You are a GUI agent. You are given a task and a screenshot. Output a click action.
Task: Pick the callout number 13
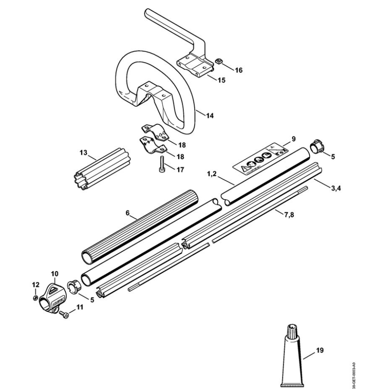pyautogui.click(x=84, y=153)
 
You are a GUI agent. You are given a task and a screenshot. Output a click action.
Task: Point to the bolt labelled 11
pyautogui.click(x=64, y=315)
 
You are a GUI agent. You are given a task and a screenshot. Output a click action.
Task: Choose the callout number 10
pyautogui.click(x=55, y=273)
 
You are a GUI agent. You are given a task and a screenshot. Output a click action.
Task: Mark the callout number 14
pyautogui.click(x=210, y=116)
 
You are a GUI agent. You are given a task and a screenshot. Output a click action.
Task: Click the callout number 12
pyautogui.click(x=36, y=284)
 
